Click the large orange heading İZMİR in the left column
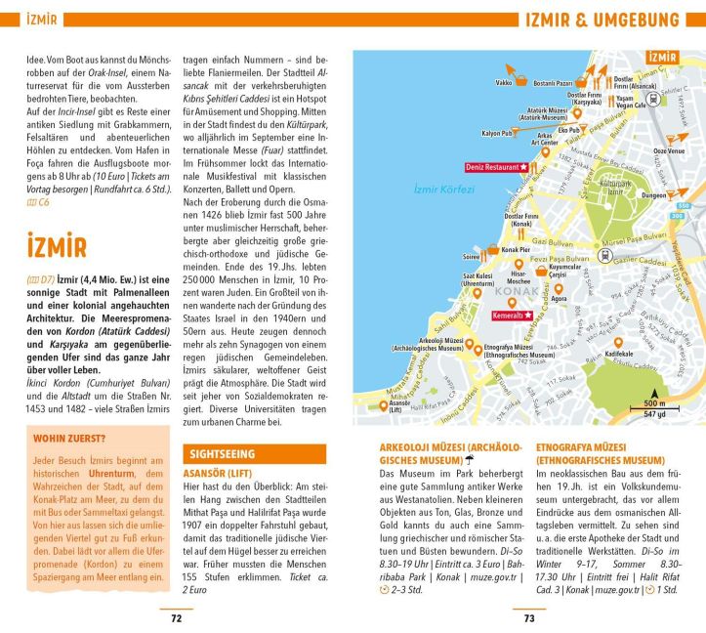[58, 245]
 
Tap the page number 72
[176, 617]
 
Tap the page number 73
[529, 617]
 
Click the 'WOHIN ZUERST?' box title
[66, 439]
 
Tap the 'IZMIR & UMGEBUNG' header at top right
[602, 21]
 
